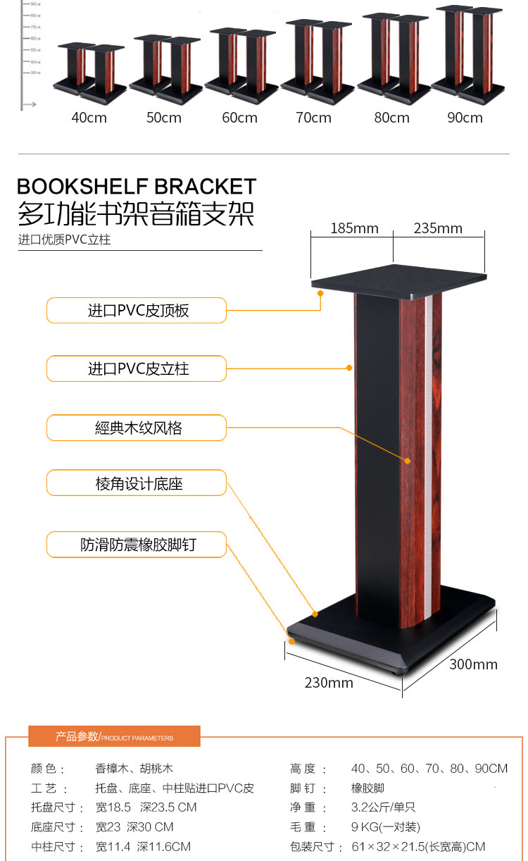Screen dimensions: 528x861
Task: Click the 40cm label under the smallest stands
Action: click(x=89, y=118)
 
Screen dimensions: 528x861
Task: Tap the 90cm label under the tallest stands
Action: click(x=465, y=118)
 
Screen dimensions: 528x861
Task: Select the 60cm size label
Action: click(x=239, y=118)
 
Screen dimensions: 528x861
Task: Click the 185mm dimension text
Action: click(x=354, y=228)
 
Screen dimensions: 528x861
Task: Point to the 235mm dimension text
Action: click(x=438, y=228)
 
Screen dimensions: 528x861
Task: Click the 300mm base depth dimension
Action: click(x=473, y=664)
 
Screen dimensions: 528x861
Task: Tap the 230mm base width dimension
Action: click(x=329, y=683)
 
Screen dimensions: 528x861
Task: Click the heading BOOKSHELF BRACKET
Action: click(x=137, y=187)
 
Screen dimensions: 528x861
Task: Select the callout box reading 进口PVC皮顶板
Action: click(x=137, y=311)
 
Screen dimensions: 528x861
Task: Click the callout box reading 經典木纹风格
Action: click(x=137, y=428)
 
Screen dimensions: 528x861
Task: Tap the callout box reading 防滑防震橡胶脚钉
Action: click(x=137, y=545)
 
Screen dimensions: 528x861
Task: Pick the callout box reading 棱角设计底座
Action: click(x=137, y=484)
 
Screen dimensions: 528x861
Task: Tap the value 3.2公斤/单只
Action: click(x=384, y=807)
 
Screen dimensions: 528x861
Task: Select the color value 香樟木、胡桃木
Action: click(x=134, y=769)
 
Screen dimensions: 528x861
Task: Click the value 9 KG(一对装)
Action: click(x=385, y=827)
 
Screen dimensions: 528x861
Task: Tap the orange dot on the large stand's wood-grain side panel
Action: click(x=407, y=461)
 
